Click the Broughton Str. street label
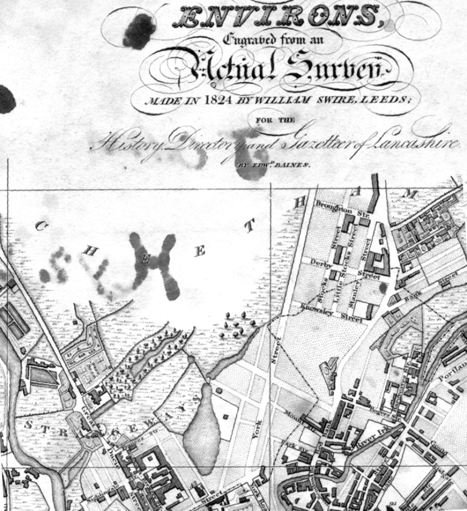333,208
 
